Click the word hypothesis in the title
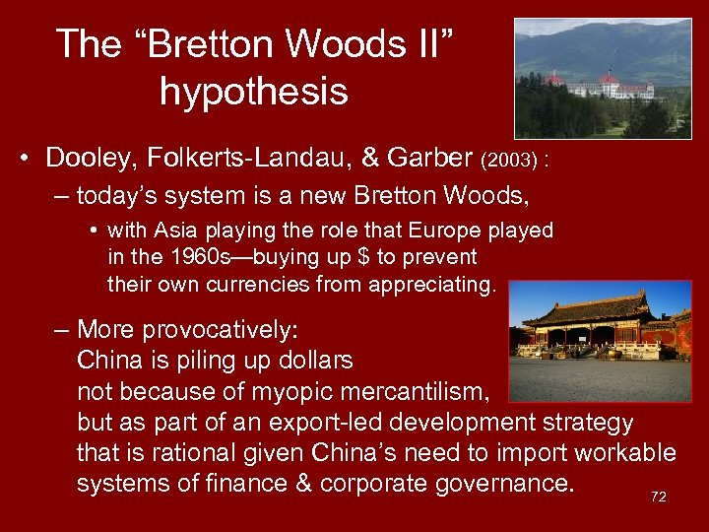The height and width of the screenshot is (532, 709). point(253,92)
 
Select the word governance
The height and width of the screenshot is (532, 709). point(501,485)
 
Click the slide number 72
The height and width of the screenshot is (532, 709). point(658,497)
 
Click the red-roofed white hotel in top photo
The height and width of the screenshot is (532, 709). point(611,87)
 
